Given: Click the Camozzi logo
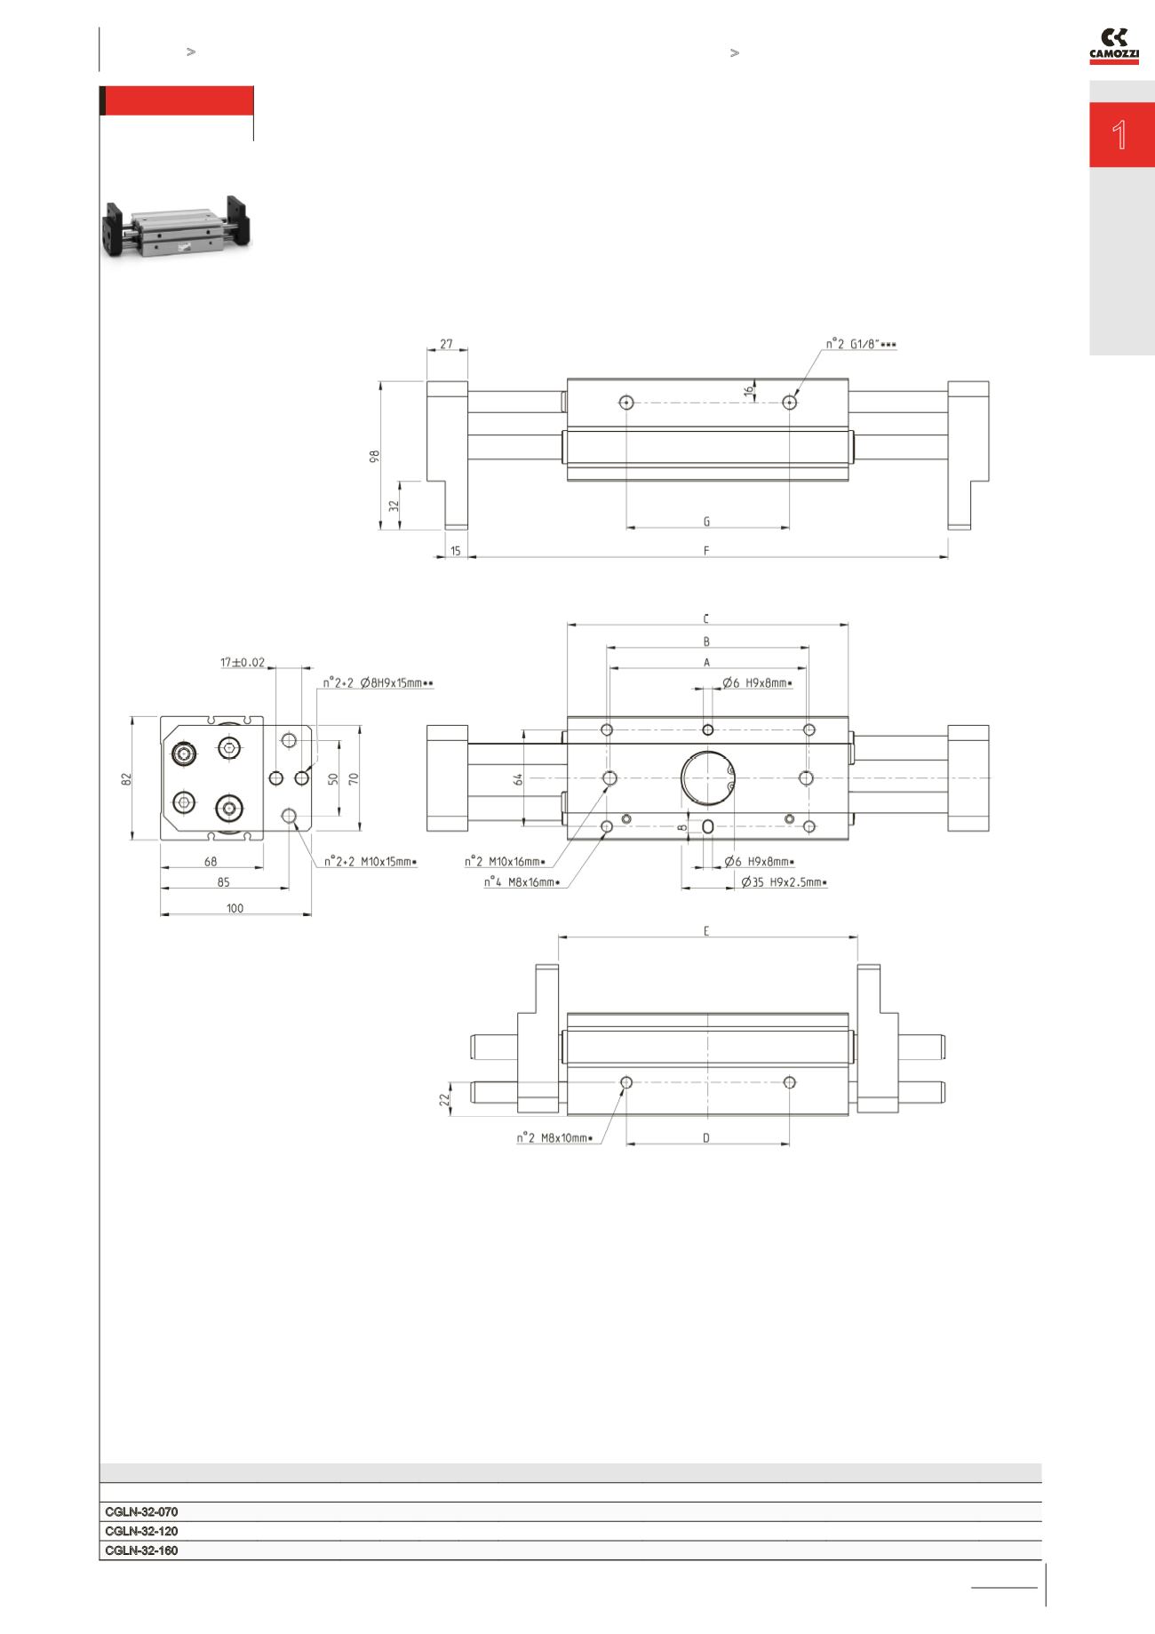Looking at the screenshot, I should (x=1114, y=47).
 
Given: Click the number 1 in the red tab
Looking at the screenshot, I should (x=1119, y=136).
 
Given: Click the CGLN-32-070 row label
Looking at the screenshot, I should (x=141, y=1511).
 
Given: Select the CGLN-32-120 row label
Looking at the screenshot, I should (x=141, y=1531).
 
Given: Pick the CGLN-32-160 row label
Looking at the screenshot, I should (x=141, y=1550).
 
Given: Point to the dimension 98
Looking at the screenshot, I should (x=375, y=456).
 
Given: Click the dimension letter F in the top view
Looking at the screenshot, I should (x=706, y=551).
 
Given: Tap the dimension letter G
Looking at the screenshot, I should (x=706, y=522).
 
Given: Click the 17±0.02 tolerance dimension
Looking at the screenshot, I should (x=243, y=662).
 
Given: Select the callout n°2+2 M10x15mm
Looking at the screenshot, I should (x=370, y=861).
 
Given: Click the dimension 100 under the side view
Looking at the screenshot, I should (x=235, y=908).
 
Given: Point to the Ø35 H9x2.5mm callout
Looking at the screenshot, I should (x=784, y=882).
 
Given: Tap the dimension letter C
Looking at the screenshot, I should (x=706, y=618).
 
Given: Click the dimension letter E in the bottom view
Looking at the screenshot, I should (x=706, y=931).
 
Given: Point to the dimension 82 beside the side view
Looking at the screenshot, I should (x=127, y=777).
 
